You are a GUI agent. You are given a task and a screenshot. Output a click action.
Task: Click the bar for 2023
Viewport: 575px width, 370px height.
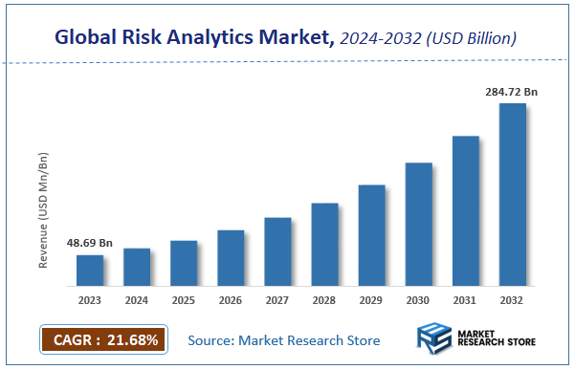(x=90, y=271)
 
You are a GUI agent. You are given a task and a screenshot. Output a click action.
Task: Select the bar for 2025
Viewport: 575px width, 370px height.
(x=184, y=263)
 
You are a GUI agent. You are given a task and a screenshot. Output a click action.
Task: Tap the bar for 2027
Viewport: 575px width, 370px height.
(x=277, y=251)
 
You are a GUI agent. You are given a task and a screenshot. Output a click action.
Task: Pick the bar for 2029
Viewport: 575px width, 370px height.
(x=371, y=235)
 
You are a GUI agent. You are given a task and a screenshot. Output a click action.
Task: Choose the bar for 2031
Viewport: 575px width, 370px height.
(x=465, y=210)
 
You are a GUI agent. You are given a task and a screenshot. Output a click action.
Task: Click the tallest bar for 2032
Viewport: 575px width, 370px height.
(x=512, y=194)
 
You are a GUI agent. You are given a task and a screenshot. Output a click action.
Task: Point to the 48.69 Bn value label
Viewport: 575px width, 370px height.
(x=89, y=244)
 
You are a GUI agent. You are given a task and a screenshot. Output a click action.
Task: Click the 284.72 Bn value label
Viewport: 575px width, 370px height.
(x=512, y=92)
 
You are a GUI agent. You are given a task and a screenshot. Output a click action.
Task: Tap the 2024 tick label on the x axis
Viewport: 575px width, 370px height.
(x=137, y=300)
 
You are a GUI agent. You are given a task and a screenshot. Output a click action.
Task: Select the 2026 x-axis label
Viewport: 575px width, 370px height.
(x=231, y=300)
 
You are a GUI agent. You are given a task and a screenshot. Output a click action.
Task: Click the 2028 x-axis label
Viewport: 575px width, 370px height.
(x=324, y=300)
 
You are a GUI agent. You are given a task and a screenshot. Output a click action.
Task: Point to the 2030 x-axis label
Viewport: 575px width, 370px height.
(x=418, y=300)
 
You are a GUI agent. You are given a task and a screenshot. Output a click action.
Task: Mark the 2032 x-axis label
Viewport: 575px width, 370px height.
(x=512, y=300)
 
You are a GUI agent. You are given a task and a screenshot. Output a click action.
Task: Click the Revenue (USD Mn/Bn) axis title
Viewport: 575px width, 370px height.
(x=44, y=207)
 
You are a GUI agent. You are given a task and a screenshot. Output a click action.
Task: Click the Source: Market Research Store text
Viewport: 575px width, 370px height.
(x=284, y=340)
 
